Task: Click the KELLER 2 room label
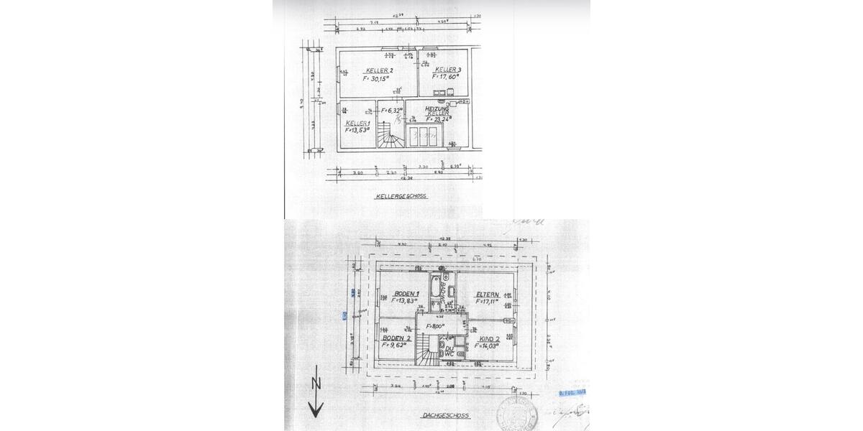(x=380, y=70)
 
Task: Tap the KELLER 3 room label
(x=449, y=69)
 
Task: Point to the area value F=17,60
(x=446, y=76)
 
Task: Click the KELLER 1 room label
(x=357, y=124)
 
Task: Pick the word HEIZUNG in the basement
(x=437, y=108)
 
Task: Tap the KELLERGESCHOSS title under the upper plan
(x=401, y=195)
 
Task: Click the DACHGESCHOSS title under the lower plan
(x=445, y=415)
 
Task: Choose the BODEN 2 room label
(x=396, y=338)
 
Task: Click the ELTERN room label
(x=487, y=293)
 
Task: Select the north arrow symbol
(x=315, y=392)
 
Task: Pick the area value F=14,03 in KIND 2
(x=488, y=346)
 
